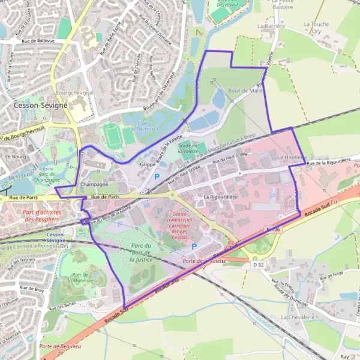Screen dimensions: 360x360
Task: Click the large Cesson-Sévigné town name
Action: click(x=41, y=104)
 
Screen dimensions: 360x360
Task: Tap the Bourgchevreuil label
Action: click(x=73, y=94)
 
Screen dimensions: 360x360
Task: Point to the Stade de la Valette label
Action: click(x=188, y=148)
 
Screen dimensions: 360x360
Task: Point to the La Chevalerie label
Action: click(x=298, y=316)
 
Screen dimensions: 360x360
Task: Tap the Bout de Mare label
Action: click(x=245, y=91)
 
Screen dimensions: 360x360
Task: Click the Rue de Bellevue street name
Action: click(x=38, y=41)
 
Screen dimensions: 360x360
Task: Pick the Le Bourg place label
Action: click(x=13, y=157)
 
